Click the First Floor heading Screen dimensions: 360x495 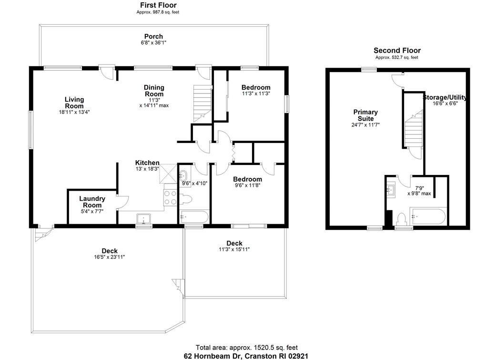[x=158, y=5]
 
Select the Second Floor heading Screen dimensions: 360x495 [x=397, y=51]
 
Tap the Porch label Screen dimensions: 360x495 [x=153, y=36]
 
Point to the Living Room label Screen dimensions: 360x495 [x=74, y=103]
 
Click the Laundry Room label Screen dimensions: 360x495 [x=92, y=202]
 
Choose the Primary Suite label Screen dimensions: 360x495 [x=365, y=115]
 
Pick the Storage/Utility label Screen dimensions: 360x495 [x=445, y=97]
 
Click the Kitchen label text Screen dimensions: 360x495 [x=147, y=163]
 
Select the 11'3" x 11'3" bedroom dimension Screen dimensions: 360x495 [x=256, y=94]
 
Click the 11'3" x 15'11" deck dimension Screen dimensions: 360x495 [x=234, y=249]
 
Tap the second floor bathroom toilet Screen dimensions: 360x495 [x=401, y=218]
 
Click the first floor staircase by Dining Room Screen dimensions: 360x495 [x=202, y=103]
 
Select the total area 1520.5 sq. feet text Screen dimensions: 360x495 [x=247, y=348]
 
